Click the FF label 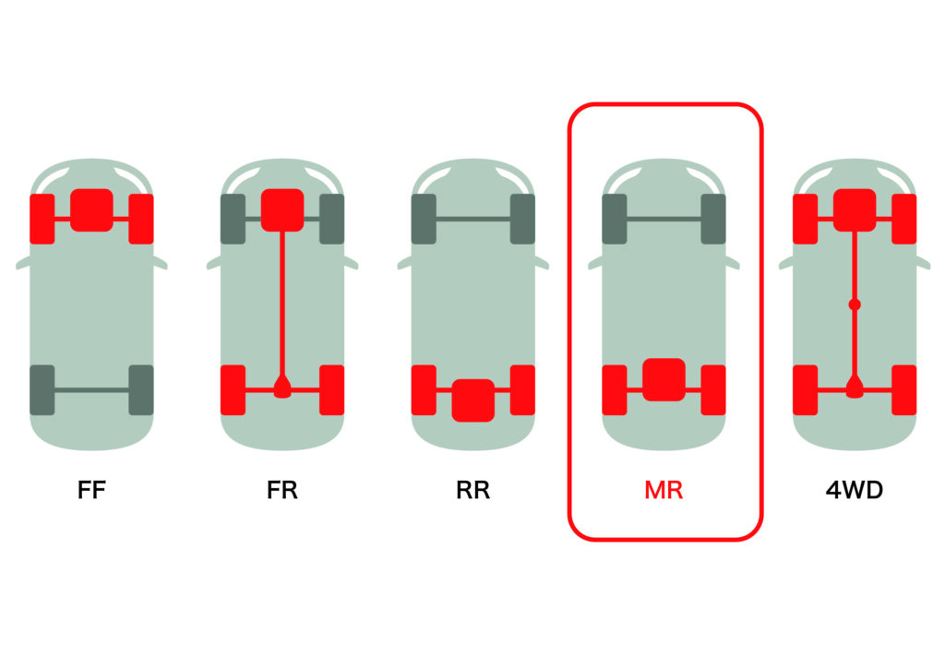coord(92,490)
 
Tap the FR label coord(282,490)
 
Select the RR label coord(473,490)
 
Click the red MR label coord(664,490)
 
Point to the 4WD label coord(855,490)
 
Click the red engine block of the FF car coord(91,210)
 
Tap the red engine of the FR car coord(282,210)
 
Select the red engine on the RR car coord(473,400)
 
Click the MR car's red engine coord(664,379)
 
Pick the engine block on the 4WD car coord(855,210)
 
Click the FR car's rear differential coord(282,388)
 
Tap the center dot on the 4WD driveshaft coord(855,304)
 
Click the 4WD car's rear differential coord(855,388)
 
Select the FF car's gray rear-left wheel coord(42,389)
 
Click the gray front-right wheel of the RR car coord(522,219)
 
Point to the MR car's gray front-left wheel coord(615,219)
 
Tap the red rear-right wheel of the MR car coord(713,389)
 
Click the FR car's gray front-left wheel coord(233,219)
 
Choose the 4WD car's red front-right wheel coord(904,219)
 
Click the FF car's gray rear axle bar coord(91,389)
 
